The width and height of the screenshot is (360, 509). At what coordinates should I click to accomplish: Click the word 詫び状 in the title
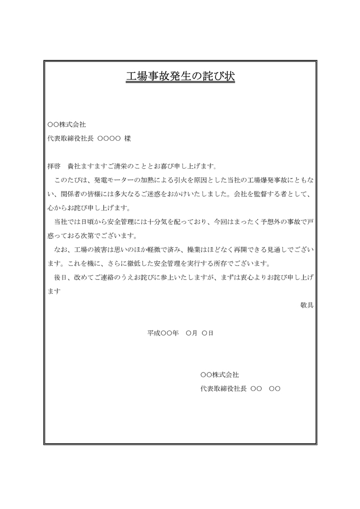coord(219,76)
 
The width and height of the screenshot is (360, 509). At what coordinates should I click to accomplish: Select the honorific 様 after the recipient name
coord(127,139)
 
